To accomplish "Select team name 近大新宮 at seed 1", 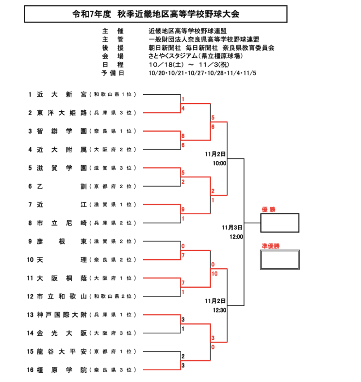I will pyautogui.click(x=62, y=94).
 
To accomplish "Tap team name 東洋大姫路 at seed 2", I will pyautogui.click(x=62, y=113).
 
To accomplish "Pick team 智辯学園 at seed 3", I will pyautogui.click(x=62, y=131).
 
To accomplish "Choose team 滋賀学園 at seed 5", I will pyautogui.click(x=62, y=168).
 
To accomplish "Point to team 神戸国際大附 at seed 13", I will pyautogui.click(x=62, y=315).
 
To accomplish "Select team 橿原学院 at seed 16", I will pyautogui.click(x=62, y=370).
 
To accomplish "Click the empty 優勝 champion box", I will pyautogui.click(x=279, y=223).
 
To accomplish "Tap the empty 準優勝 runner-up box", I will pyautogui.click(x=279, y=260).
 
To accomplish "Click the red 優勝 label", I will pyautogui.click(x=268, y=209).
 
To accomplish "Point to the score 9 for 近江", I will pyautogui.click(x=183, y=209).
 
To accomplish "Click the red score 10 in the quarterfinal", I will pyautogui.click(x=214, y=274).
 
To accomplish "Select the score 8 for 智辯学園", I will pyautogui.click(x=183, y=136).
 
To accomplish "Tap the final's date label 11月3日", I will pyautogui.click(x=232, y=227).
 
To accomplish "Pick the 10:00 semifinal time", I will pyautogui.click(x=219, y=163).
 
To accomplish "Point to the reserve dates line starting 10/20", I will pyautogui.click(x=206, y=73).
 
